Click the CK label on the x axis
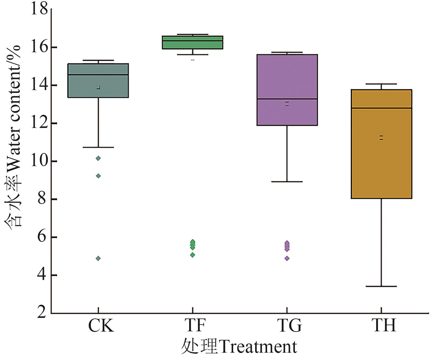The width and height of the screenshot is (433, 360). [101, 326]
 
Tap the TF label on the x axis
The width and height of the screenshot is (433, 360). [196, 326]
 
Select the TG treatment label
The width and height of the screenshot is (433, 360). [290, 326]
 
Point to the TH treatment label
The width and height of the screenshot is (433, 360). [384, 326]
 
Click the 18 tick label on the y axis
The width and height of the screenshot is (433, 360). [39, 9]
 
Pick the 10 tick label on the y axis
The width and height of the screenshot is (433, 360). [39, 161]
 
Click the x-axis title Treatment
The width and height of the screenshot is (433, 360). [239, 347]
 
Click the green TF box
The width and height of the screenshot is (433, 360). [193, 42]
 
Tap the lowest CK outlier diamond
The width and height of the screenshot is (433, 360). [98, 258]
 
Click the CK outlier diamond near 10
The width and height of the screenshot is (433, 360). [98, 158]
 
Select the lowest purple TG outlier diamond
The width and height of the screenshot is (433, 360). [287, 258]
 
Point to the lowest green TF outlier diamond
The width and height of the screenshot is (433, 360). [193, 255]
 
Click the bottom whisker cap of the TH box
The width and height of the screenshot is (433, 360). [381, 286]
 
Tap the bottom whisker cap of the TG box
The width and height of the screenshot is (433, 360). [287, 182]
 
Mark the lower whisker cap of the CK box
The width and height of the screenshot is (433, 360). [98, 147]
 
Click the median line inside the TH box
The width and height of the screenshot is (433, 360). [381, 108]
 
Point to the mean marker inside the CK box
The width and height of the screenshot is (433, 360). [98, 88]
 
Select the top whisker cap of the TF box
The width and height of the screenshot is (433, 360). [193, 35]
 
